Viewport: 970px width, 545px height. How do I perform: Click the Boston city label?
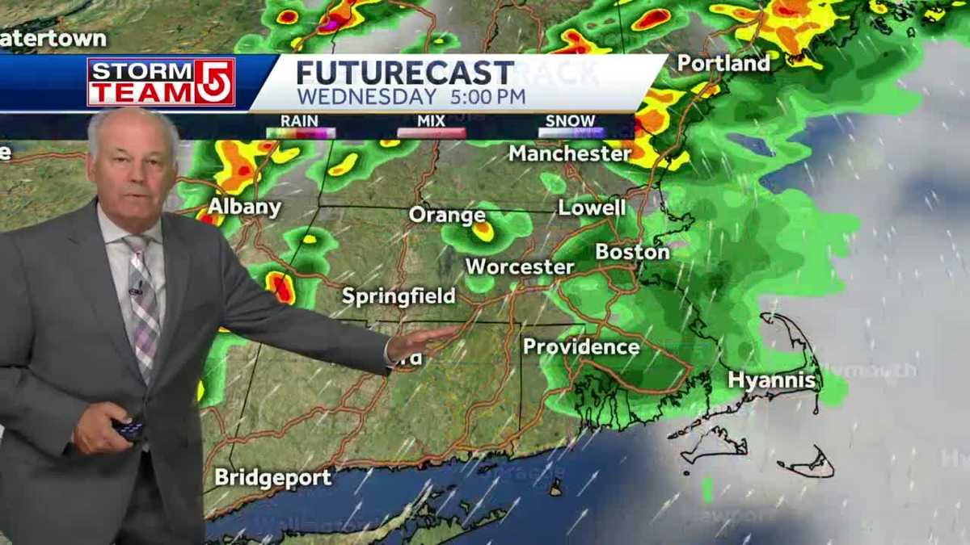[632, 252]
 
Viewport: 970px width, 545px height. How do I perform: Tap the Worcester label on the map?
[520, 266]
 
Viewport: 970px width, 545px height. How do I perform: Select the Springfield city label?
[399, 296]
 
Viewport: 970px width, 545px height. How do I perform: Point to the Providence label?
[581, 347]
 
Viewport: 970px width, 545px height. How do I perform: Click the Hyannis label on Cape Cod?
[771, 379]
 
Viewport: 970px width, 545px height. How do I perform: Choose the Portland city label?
[723, 63]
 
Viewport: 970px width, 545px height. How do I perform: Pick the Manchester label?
[570, 153]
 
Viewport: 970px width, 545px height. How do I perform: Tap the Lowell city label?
[592, 208]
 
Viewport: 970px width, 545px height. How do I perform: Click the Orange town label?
[447, 215]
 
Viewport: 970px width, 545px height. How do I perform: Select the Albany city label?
[244, 208]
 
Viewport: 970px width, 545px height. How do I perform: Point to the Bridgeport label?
[273, 477]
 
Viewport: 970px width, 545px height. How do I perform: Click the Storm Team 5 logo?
[161, 82]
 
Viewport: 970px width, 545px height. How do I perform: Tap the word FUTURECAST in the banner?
[405, 73]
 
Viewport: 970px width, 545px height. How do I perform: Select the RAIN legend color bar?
[300, 133]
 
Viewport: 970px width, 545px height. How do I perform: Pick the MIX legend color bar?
[432, 133]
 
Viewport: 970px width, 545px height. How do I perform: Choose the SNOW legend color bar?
[572, 133]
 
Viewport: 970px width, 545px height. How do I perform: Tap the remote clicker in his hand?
[128, 428]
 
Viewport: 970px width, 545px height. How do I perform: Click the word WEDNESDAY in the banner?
[366, 97]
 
